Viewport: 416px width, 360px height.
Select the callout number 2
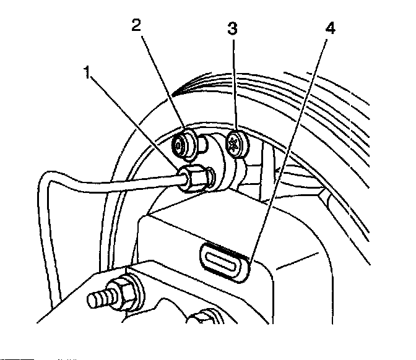point(137,25)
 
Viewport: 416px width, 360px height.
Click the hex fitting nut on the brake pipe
point(194,178)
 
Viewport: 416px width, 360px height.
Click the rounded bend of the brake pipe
point(46,182)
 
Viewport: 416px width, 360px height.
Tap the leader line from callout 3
point(235,87)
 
